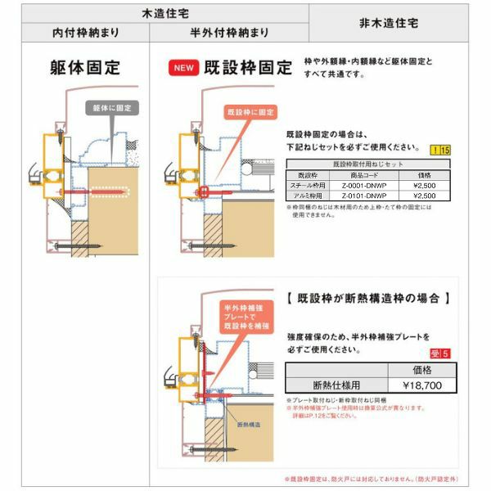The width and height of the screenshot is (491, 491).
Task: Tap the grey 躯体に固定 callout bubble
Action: [x=111, y=107]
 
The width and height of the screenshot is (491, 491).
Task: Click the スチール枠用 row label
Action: [x=308, y=185]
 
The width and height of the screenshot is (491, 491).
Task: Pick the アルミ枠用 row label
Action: [x=308, y=196]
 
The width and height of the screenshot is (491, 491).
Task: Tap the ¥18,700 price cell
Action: [x=422, y=383]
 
